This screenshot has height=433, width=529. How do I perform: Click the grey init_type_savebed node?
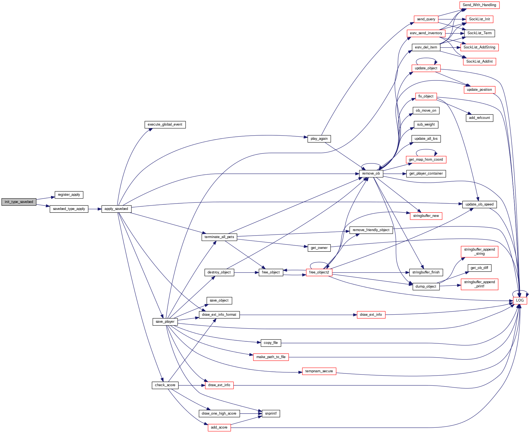click(x=19, y=202)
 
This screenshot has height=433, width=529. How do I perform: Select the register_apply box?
click(x=69, y=195)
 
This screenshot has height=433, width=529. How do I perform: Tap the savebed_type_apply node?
click(x=69, y=209)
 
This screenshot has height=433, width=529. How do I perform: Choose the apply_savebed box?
click(x=116, y=209)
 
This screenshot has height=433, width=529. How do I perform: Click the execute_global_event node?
click(x=165, y=124)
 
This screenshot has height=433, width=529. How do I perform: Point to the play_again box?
click(x=319, y=139)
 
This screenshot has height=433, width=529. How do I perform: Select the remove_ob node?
click(x=371, y=173)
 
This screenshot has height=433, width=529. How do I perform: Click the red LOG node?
click(x=520, y=300)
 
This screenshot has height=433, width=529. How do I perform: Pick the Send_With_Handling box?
click(x=479, y=5)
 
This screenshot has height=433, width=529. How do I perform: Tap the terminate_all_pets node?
click(x=219, y=237)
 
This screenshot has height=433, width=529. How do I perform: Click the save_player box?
click(x=165, y=322)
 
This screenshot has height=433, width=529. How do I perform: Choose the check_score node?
click(x=165, y=385)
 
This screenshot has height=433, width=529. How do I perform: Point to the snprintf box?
click(x=271, y=414)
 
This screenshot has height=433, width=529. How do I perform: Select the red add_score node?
click(x=219, y=427)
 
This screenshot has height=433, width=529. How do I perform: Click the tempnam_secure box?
click(x=319, y=371)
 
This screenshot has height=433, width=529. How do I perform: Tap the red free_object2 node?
click(x=319, y=272)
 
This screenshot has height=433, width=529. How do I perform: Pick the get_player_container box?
click(x=426, y=173)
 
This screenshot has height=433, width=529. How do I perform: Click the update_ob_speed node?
click(x=479, y=204)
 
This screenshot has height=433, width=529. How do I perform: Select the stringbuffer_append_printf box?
click(x=479, y=284)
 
